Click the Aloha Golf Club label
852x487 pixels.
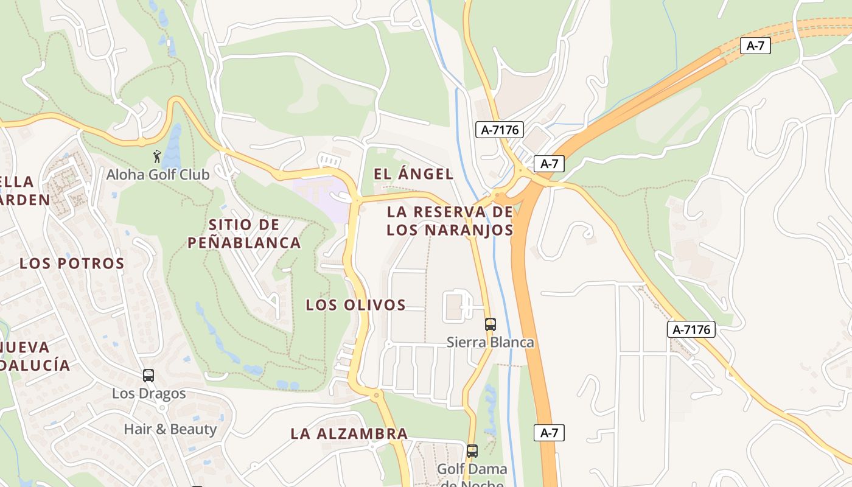pos(158,175)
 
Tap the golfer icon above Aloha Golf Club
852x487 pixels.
pos(157,156)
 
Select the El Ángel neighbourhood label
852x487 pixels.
pos(413,174)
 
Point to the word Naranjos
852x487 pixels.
pos(450,230)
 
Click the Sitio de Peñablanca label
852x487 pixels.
pos(244,234)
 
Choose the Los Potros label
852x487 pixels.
pos(72,264)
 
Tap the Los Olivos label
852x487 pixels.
pos(355,305)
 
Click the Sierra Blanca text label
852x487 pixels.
pos(490,342)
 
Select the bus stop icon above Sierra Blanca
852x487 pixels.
pos(490,324)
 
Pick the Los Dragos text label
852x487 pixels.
pos(148,393)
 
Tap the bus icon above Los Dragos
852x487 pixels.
pos(148,376)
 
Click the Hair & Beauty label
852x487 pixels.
pos(170,429)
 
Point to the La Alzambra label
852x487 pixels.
pos(349,434)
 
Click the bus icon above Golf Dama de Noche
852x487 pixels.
pos(472,451)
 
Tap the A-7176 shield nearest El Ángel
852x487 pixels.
pos(499,130)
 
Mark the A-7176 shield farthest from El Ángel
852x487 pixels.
pos(691,330)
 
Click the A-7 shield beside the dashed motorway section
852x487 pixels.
pos(755,46)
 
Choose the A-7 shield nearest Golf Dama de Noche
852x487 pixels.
pos(549,433)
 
